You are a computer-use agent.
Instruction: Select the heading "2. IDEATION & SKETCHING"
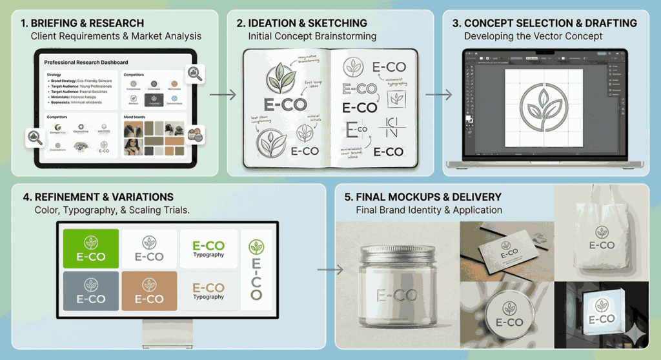tap(301, 23)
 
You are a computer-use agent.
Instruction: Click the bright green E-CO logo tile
tap(91, 248)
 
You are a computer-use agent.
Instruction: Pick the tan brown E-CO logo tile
tap(149, 290)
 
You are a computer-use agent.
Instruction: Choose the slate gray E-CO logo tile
tap(91, 290)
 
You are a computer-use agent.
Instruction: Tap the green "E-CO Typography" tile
tap(208, 248)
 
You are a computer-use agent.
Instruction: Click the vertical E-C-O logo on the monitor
tap(256, 270)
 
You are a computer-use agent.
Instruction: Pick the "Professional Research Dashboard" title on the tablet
tap(86, 63)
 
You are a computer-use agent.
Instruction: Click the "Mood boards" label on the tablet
tap(136, 117)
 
